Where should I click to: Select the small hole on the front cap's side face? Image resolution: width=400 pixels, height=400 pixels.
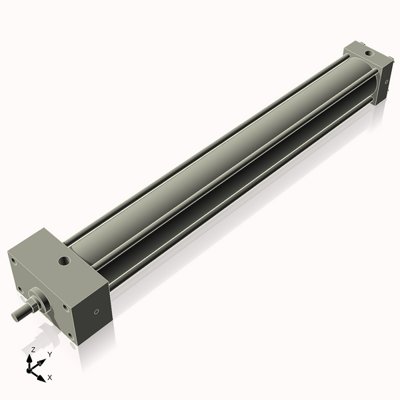tap(97, 311)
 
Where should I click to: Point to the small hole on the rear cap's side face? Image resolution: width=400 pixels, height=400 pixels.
tap(384, 78)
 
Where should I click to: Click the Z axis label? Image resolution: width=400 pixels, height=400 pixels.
tap(33, 351)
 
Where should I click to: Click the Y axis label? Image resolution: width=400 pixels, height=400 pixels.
tap(49, 355)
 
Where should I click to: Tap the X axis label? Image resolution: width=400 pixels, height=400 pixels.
tap(50, 377)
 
